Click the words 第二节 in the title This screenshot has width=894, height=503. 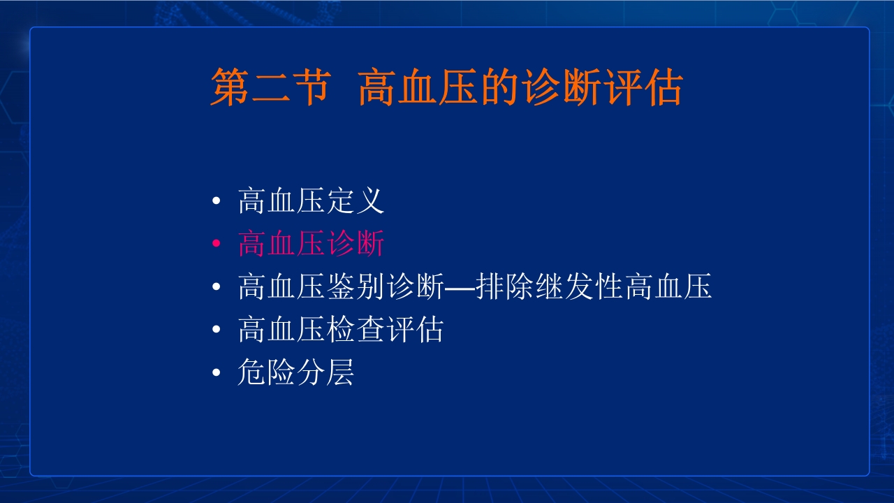269,87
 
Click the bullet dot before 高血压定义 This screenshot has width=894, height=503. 217,202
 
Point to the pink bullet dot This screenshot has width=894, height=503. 217,245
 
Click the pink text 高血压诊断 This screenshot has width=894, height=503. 311,245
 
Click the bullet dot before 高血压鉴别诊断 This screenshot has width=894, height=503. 217,287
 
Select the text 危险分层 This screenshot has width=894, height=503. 296,372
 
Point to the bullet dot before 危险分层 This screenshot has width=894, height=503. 217,372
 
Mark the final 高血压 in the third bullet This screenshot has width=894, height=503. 668,287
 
